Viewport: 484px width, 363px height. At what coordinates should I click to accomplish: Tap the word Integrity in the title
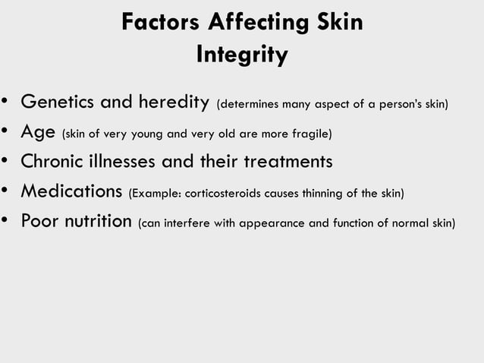[242, 55]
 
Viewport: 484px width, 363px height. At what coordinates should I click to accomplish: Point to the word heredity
[172, 102]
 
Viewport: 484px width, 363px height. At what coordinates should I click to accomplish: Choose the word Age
[37, 132]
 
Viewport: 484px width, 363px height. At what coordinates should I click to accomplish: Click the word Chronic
[54, 162]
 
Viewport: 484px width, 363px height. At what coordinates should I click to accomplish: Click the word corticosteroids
[217, 194]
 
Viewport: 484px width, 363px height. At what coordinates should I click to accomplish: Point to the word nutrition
[93, 222]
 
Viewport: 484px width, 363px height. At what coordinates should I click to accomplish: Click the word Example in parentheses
[156, 194]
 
